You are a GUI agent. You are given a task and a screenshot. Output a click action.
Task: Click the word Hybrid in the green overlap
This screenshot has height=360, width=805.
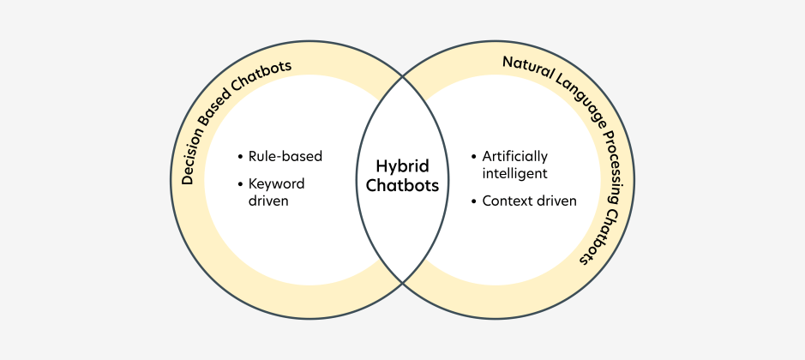(x=402, y=165)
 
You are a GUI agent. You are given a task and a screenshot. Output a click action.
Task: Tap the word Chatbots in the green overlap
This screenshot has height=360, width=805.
(x=402, y=184)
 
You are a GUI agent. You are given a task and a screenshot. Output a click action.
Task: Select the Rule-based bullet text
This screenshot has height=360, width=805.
(x=285, y=157)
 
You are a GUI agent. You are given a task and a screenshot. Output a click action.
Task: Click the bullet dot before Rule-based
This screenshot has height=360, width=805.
(x=240, y=158)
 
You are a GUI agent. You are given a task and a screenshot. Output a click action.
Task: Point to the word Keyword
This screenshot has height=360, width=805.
(x=276, y=183)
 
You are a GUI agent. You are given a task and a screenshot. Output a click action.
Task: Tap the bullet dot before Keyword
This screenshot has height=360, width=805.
(x=240, y=184)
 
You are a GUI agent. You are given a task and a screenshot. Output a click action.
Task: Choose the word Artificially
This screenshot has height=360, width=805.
(x=514, y=157)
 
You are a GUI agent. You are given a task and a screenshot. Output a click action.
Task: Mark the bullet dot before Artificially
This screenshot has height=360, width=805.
(x=474, y=158)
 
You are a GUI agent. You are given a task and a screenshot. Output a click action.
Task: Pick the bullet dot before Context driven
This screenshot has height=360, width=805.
(x=474, y=201)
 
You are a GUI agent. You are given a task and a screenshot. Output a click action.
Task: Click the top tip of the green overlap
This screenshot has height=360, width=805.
(x=402, y=78)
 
